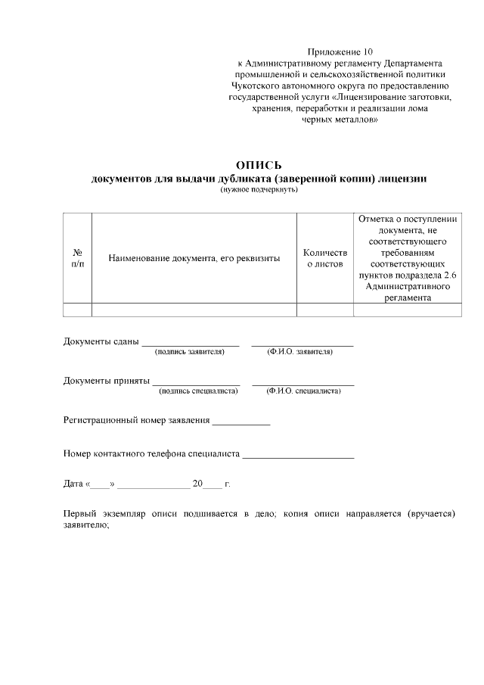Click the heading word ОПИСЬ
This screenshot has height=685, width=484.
coord(259,166)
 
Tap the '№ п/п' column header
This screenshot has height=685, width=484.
coord(77,258)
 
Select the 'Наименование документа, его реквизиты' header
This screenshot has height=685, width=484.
coord(194,258)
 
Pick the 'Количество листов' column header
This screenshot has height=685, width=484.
coord(324,258)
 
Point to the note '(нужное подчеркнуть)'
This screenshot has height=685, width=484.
coord(259,189)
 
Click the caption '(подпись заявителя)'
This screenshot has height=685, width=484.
coord(190,352)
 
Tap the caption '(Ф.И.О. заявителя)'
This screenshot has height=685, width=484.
coord(300,352)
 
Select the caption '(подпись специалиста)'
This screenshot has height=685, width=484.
coord(198,391)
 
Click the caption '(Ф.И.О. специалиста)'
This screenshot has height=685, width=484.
coord(303,391)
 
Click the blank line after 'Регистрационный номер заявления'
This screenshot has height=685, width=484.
coord(241,423)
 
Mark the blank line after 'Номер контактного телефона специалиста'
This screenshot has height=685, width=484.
coord(298,457)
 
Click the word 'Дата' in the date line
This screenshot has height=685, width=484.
coord(73,483)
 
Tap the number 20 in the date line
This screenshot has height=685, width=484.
coord(198,483)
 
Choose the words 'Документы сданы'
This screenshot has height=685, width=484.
coord(101,341)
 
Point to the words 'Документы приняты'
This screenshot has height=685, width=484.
coord(106,380)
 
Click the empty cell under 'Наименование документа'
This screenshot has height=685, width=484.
coord(194,309)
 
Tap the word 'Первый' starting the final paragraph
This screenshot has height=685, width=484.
coord(81,515)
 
